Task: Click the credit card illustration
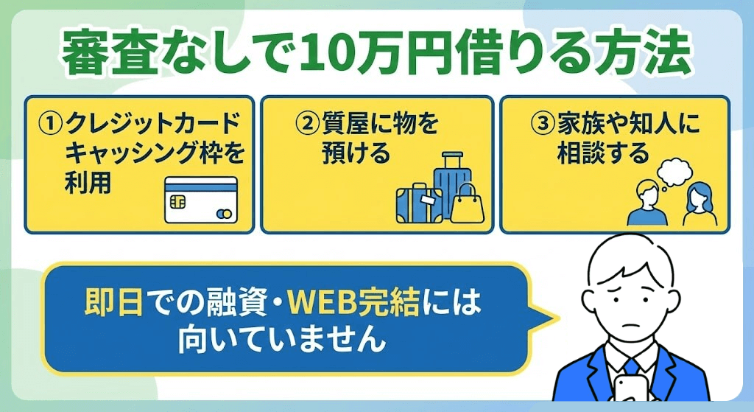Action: click(200, 199)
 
